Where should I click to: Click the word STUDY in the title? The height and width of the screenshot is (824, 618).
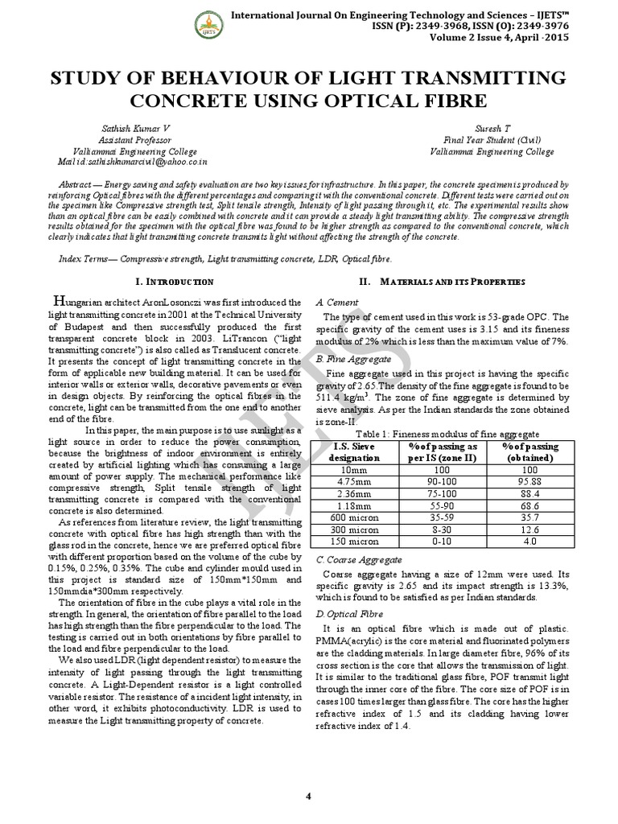tap(88, 79)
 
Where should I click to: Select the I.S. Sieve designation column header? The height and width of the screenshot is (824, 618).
tap(358, 451)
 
